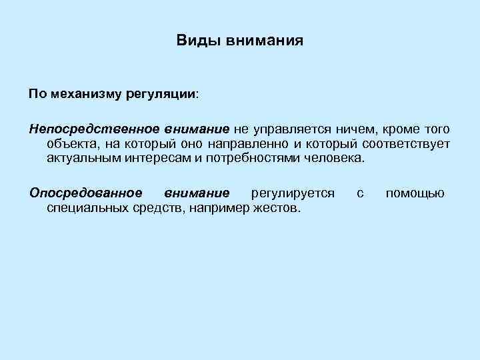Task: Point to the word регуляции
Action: click(161, 94)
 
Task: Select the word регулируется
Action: click(293, 193)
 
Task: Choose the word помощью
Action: click(415, 193)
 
